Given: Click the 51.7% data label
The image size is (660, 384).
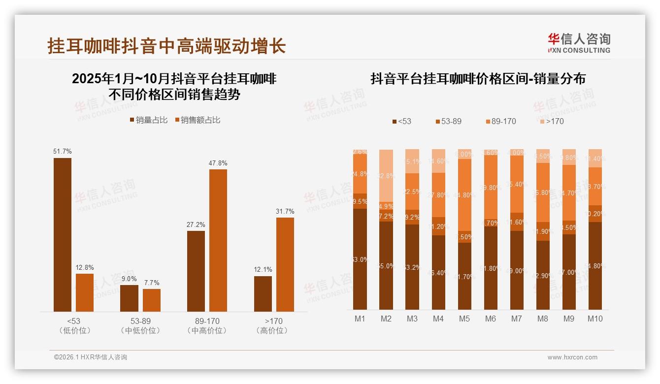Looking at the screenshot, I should pos(63,152).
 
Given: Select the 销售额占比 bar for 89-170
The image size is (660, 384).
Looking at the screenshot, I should pos(218,240).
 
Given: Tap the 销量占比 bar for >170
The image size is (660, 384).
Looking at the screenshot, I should pos(263,293).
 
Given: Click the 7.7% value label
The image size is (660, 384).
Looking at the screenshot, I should pos(152,283).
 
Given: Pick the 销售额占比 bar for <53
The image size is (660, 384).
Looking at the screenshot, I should pos(85,292).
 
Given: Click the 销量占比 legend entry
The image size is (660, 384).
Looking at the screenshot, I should pos(149,120).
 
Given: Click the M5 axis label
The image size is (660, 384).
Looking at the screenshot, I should pos(464,319).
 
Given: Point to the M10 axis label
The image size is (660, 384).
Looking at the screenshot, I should pos(595,319).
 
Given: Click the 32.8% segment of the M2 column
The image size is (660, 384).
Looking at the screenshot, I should pos(386,175).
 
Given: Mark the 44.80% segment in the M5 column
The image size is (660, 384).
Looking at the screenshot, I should pos(464,195).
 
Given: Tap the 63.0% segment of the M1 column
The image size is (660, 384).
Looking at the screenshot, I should pos(360,259).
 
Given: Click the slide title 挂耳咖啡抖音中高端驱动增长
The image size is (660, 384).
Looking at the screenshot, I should pos(167,46).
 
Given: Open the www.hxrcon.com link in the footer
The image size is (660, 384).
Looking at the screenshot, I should pos(572,357).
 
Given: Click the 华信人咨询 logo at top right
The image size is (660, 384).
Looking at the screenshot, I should pos(579,42).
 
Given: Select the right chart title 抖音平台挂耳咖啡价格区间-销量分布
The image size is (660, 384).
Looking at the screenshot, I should pos(478,79).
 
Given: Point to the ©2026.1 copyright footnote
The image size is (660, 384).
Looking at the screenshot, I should pos(91,357).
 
